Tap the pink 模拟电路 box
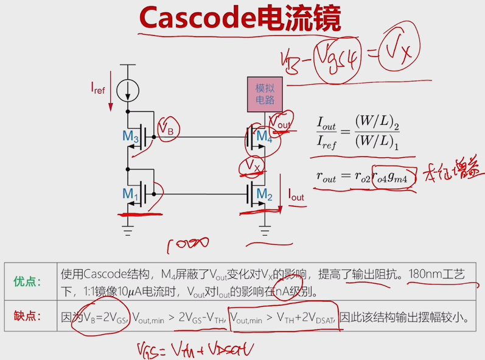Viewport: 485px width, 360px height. [x=265, y=94]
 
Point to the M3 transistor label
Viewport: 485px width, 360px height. [x=131, y=136]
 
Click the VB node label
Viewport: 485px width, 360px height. [x=167, y=129]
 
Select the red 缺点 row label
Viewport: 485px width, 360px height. [x=28, y=316]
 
